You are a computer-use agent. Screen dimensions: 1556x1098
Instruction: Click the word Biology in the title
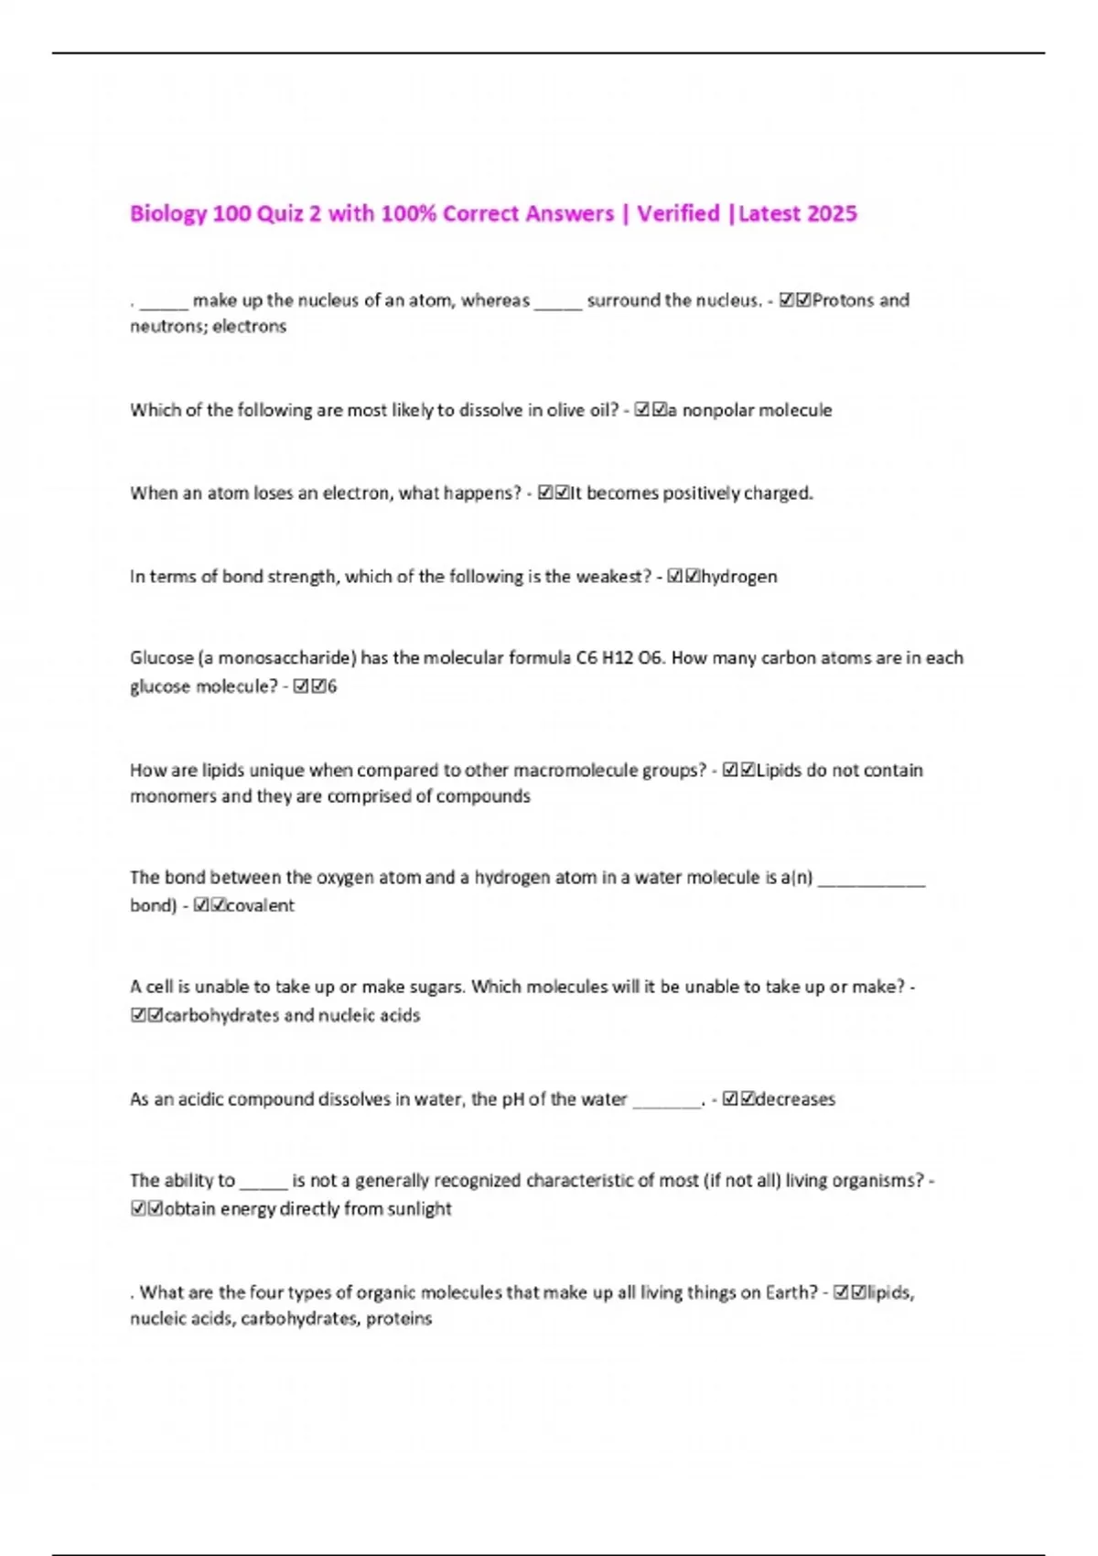(168, 214)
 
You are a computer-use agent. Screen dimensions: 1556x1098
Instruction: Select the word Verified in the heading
(678, 214)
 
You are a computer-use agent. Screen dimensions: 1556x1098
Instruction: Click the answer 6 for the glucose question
(332, 686)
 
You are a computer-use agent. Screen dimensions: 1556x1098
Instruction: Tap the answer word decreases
(795, 1099)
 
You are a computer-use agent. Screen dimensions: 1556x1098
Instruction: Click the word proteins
(399, 1319)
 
